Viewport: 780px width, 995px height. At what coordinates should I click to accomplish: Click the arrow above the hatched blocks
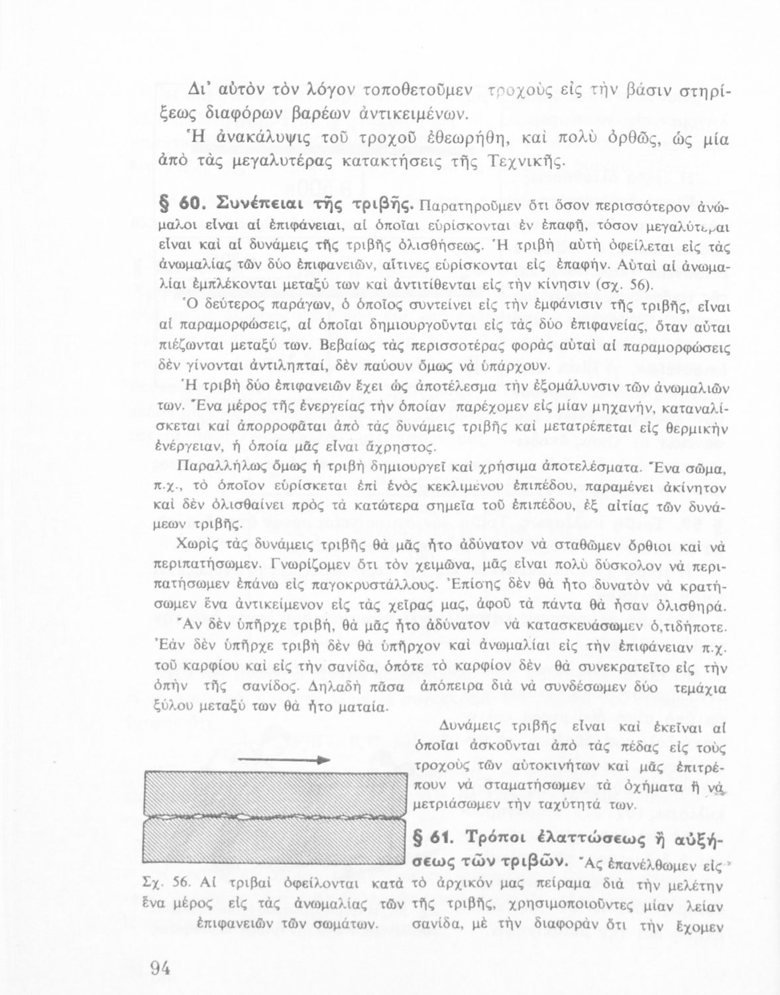(284, 760)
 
